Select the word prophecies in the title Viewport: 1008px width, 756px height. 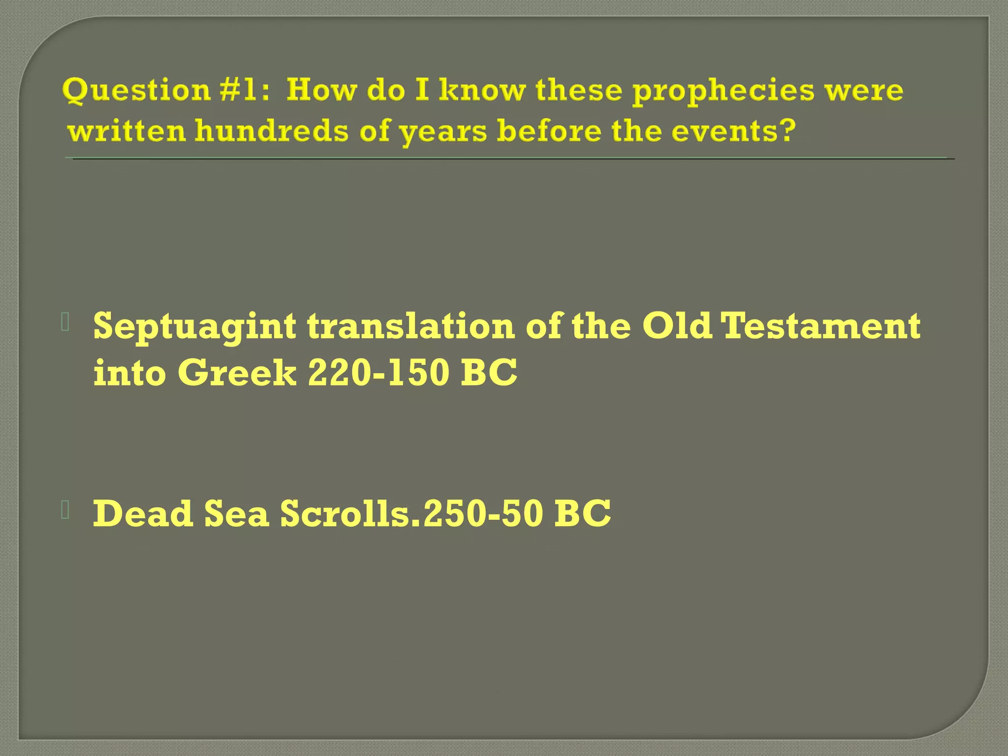(723, 92)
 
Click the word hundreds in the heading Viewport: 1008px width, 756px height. (271, 132)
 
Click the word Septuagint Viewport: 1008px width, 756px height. (195, 327)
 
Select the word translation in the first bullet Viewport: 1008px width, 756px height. (411, 326)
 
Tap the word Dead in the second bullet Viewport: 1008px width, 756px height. (143, 513)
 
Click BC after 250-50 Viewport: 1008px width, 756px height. (582, 513)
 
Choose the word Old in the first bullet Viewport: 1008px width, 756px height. (677, 326)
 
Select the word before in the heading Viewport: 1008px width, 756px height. (548, 132)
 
